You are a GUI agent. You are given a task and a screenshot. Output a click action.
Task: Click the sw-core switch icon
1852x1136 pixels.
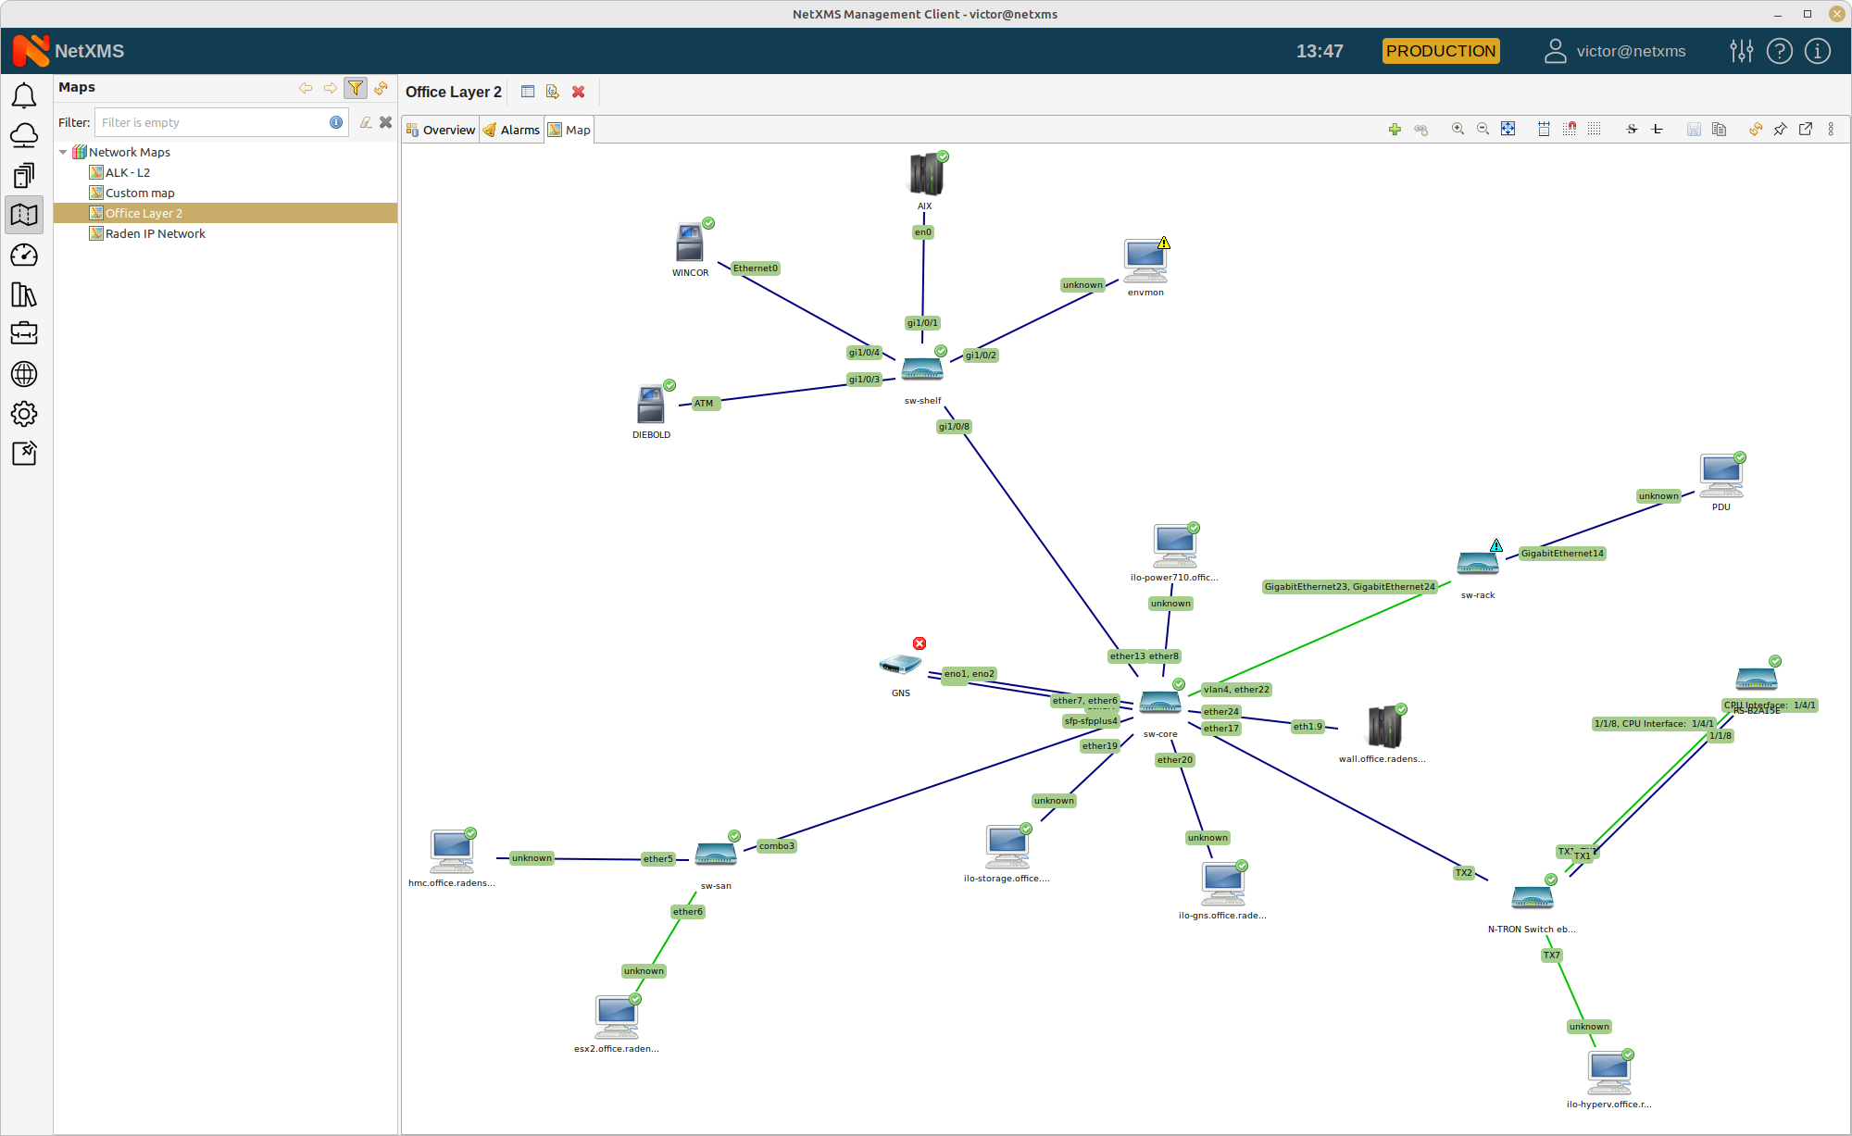[1159, 704]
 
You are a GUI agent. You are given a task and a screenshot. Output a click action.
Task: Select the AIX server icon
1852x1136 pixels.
[925, 175]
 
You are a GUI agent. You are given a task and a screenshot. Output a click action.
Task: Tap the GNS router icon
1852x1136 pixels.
[899, 665]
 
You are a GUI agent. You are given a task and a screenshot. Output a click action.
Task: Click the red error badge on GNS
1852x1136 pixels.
[920, 643]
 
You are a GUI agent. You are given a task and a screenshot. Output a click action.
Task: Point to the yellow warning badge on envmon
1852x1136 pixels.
[1164, 243]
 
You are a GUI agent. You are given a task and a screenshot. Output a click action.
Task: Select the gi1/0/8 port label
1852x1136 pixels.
[954, 427]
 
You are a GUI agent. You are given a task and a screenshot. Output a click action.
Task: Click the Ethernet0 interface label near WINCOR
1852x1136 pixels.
[756, 268]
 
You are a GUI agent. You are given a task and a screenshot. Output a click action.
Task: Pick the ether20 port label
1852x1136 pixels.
[1175, 760]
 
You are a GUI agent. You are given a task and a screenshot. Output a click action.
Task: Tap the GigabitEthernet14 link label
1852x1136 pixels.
[1562, 554]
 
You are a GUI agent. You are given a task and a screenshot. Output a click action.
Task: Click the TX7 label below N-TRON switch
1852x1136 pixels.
[1552, 955]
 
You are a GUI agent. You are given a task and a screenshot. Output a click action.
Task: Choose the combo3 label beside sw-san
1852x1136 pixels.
[776, 846]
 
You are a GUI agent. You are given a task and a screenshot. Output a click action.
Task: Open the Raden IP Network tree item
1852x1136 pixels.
[155, 233]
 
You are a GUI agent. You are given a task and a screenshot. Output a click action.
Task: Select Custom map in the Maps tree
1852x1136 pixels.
[140, 193]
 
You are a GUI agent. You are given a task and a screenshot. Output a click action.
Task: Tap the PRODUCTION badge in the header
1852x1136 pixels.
[1441, 51]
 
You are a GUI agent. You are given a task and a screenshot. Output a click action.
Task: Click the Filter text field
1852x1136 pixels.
[213, 122]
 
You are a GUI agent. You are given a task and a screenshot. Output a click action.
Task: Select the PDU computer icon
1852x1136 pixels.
[1721, 476]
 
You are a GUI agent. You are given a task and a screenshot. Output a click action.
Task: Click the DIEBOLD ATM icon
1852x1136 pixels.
[651, 406]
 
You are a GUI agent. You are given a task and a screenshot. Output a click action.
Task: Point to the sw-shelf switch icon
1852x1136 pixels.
[922, 369]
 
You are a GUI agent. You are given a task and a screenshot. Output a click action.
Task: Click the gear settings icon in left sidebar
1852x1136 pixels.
[24, 414]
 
